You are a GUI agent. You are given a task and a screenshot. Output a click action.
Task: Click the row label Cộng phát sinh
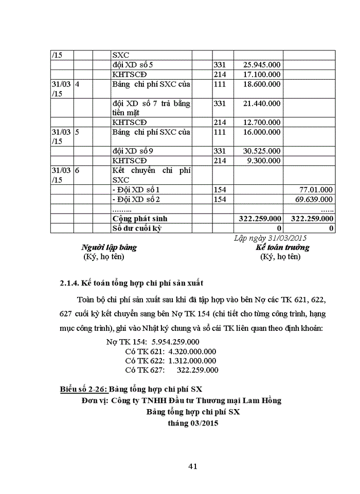[x=140, y=219]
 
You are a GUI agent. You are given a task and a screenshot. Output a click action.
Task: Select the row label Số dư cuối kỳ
[x=137, y=228]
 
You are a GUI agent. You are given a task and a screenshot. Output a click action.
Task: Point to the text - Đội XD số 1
[x=136, y=189]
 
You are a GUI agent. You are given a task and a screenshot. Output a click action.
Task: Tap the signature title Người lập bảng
[x=109, y=248]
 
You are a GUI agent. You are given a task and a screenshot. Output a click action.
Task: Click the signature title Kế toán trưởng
[x=283, y=248]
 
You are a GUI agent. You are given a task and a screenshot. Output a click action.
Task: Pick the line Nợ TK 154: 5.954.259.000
[x=153, y=342]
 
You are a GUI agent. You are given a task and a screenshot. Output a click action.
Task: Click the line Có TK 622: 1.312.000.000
[x=171, y=361]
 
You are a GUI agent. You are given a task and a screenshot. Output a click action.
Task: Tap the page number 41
[x=193, y=467]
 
